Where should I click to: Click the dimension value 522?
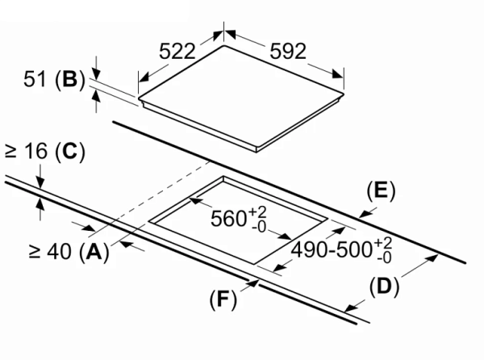[x=177, y=51]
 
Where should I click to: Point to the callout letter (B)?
[x=69, y=80]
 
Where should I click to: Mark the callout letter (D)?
[x=382, y=287]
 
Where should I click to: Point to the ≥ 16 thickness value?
[x=27, y=150]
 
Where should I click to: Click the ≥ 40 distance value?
[x=50, y=252]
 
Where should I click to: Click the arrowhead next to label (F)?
[x=254, y=282]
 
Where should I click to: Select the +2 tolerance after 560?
[x=256, y=211]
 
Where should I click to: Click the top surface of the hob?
[x=242, y=97]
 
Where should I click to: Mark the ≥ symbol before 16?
[x=11, y=150]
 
